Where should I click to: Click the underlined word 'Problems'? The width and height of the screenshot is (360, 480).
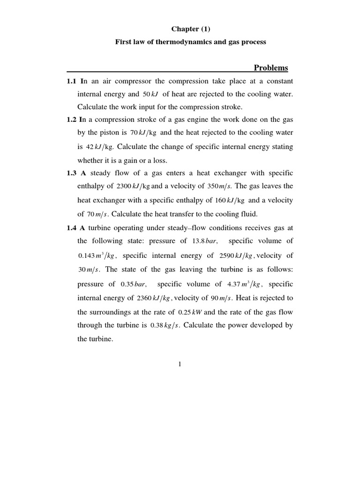point(271,68)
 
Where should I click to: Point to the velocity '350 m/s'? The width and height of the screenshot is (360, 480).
point(220,187)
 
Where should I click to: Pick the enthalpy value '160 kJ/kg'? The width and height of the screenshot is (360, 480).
point(230,201)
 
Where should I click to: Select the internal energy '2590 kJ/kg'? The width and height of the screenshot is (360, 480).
point(236,256)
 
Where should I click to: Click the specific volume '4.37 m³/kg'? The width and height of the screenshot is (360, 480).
point(245,285)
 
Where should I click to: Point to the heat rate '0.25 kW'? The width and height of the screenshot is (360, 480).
point(190,313)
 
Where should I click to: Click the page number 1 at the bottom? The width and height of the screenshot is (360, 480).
point(180,365)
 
